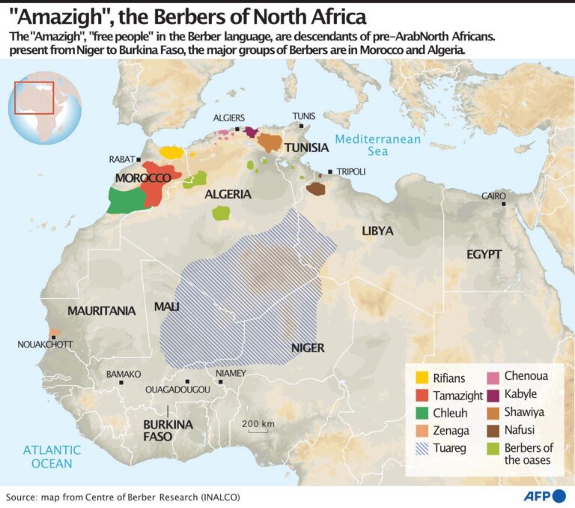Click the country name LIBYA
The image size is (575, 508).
pos(377,231)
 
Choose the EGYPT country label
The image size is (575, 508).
pos(484,254)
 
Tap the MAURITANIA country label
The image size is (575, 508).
pos(102,310)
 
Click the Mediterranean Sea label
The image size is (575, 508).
pos(378,145)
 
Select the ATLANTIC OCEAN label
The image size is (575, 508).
pos(52,456)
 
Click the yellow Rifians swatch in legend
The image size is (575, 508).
pos(422,378)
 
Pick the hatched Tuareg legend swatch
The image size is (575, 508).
pos(422,449)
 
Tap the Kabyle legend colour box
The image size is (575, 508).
pos(492,394)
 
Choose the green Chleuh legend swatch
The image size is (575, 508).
pos(422,413)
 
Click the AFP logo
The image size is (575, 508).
pos(539,496)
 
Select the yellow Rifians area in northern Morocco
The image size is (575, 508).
pos(172,151)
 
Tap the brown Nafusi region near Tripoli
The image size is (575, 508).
pos(316,189)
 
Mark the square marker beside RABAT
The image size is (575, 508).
pos(139,160)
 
